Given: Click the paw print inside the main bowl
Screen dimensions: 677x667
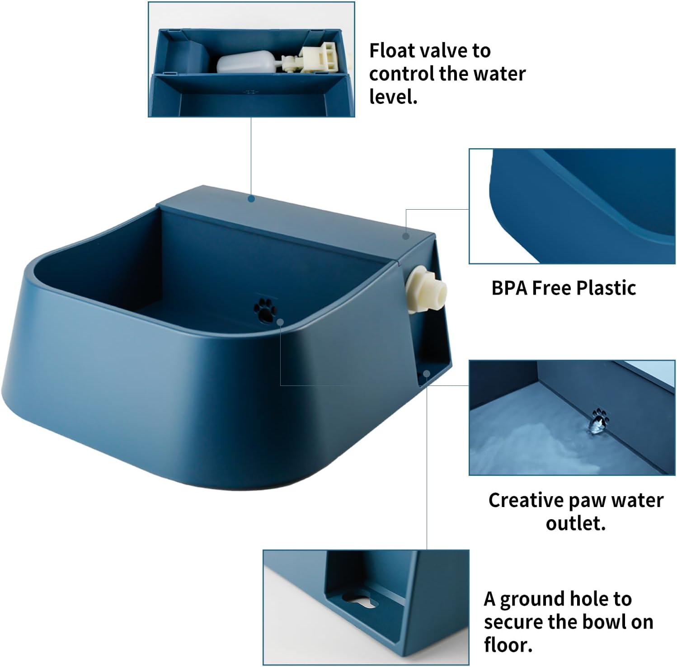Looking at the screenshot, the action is click(264, 309).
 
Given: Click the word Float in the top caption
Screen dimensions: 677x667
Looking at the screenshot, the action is click(393, 51).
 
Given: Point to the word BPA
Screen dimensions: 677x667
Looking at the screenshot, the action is click(509, 288).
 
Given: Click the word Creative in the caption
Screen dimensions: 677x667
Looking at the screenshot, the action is click(526, 500).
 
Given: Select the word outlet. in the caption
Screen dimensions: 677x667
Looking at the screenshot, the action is click(575, 523).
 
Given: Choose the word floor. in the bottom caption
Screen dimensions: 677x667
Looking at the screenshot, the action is click(508, 644).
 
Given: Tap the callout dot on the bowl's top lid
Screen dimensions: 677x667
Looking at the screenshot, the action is click(252, 198).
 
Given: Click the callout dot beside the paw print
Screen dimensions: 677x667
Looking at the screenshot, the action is click(280, 321).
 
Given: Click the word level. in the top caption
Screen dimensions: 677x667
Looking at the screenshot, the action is click(393, 97).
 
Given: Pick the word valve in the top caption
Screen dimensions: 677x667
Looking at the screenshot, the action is click(446, 51).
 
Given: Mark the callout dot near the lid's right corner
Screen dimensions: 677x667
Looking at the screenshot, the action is click(406, 236).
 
